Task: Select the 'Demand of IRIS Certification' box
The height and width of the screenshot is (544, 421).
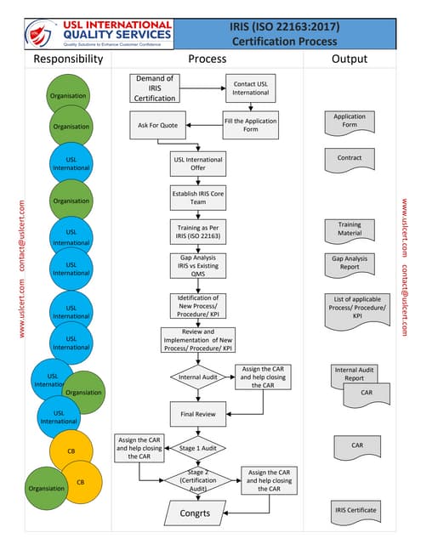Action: (154, 88)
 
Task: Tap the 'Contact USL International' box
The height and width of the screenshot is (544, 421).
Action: (250, 88)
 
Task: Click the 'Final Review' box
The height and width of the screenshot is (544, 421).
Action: (197, 416)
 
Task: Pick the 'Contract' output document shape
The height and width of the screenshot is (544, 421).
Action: (350, 159)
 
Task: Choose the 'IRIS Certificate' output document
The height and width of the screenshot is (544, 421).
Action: (355, 511)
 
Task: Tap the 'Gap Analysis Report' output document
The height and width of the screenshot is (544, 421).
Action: (350, 263)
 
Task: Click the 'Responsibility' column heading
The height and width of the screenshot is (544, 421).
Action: (68, 59)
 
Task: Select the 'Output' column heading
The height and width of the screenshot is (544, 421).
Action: (349, 59)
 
